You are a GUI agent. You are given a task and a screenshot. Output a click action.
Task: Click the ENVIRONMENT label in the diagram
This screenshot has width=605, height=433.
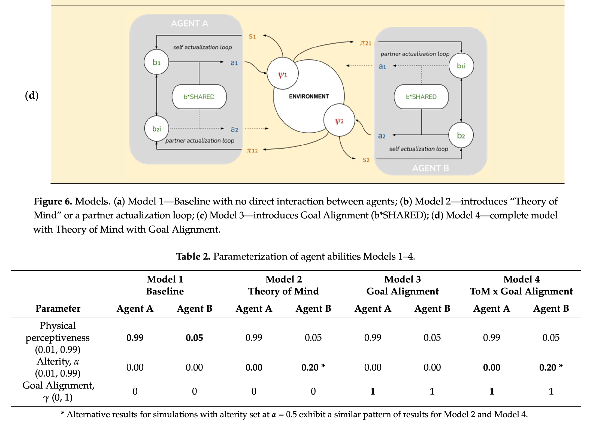click(309, 96)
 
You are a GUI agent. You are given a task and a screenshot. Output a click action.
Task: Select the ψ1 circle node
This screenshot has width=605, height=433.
click(283, 74)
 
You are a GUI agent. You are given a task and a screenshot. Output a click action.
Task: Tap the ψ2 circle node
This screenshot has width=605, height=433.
click(339, 120)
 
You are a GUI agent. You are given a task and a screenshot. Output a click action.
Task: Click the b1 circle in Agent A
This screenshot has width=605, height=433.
click(156, 62)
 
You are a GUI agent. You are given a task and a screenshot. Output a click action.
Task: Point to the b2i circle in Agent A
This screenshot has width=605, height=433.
click(157, 128)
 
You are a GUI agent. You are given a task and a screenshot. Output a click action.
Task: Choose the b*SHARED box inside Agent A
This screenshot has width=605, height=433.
click(199, 97)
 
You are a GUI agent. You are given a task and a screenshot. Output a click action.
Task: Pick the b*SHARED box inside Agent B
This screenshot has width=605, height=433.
click(421, 97)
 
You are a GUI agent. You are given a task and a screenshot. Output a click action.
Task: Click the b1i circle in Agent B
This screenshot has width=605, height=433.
click(461, 66)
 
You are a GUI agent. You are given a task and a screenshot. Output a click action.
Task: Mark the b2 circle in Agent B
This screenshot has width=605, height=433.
click(461, 135)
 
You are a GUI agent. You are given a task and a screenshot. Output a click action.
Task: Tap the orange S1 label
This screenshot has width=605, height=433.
click(252, 37)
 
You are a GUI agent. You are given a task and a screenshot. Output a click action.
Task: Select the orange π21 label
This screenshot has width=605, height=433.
click(366, 43)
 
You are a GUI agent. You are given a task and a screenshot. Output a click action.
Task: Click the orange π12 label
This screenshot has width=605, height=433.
click(252, 151)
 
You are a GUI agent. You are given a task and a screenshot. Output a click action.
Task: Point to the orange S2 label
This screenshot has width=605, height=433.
click(366, 160)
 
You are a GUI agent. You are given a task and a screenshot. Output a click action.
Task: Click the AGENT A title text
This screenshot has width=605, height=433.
click(190, 23)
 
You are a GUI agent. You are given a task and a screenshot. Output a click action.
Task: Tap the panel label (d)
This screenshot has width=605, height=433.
click(32, 95)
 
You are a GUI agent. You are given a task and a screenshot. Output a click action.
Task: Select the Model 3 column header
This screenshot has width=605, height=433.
click(403, 279)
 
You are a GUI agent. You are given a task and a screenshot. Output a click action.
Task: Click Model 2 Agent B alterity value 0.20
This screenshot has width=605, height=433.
click(310, 367)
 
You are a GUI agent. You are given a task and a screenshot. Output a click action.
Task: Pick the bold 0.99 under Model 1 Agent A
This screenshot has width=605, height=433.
click(135, 338)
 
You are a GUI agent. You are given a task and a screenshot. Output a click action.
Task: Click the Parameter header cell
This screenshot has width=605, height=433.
click(58, 308)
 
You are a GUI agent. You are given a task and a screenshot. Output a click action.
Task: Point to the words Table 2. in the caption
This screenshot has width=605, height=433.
click(193, 256)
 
